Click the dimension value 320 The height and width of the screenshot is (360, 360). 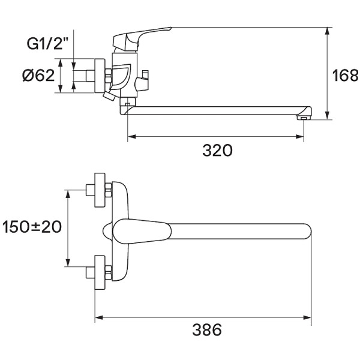(x=217, y=151)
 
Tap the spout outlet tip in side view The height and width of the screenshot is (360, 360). (x=304, y=116)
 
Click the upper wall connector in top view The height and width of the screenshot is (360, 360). (x=99, y=188)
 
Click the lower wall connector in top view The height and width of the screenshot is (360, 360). (x=99, y=274)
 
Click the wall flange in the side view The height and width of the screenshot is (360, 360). (x=99, y=76)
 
